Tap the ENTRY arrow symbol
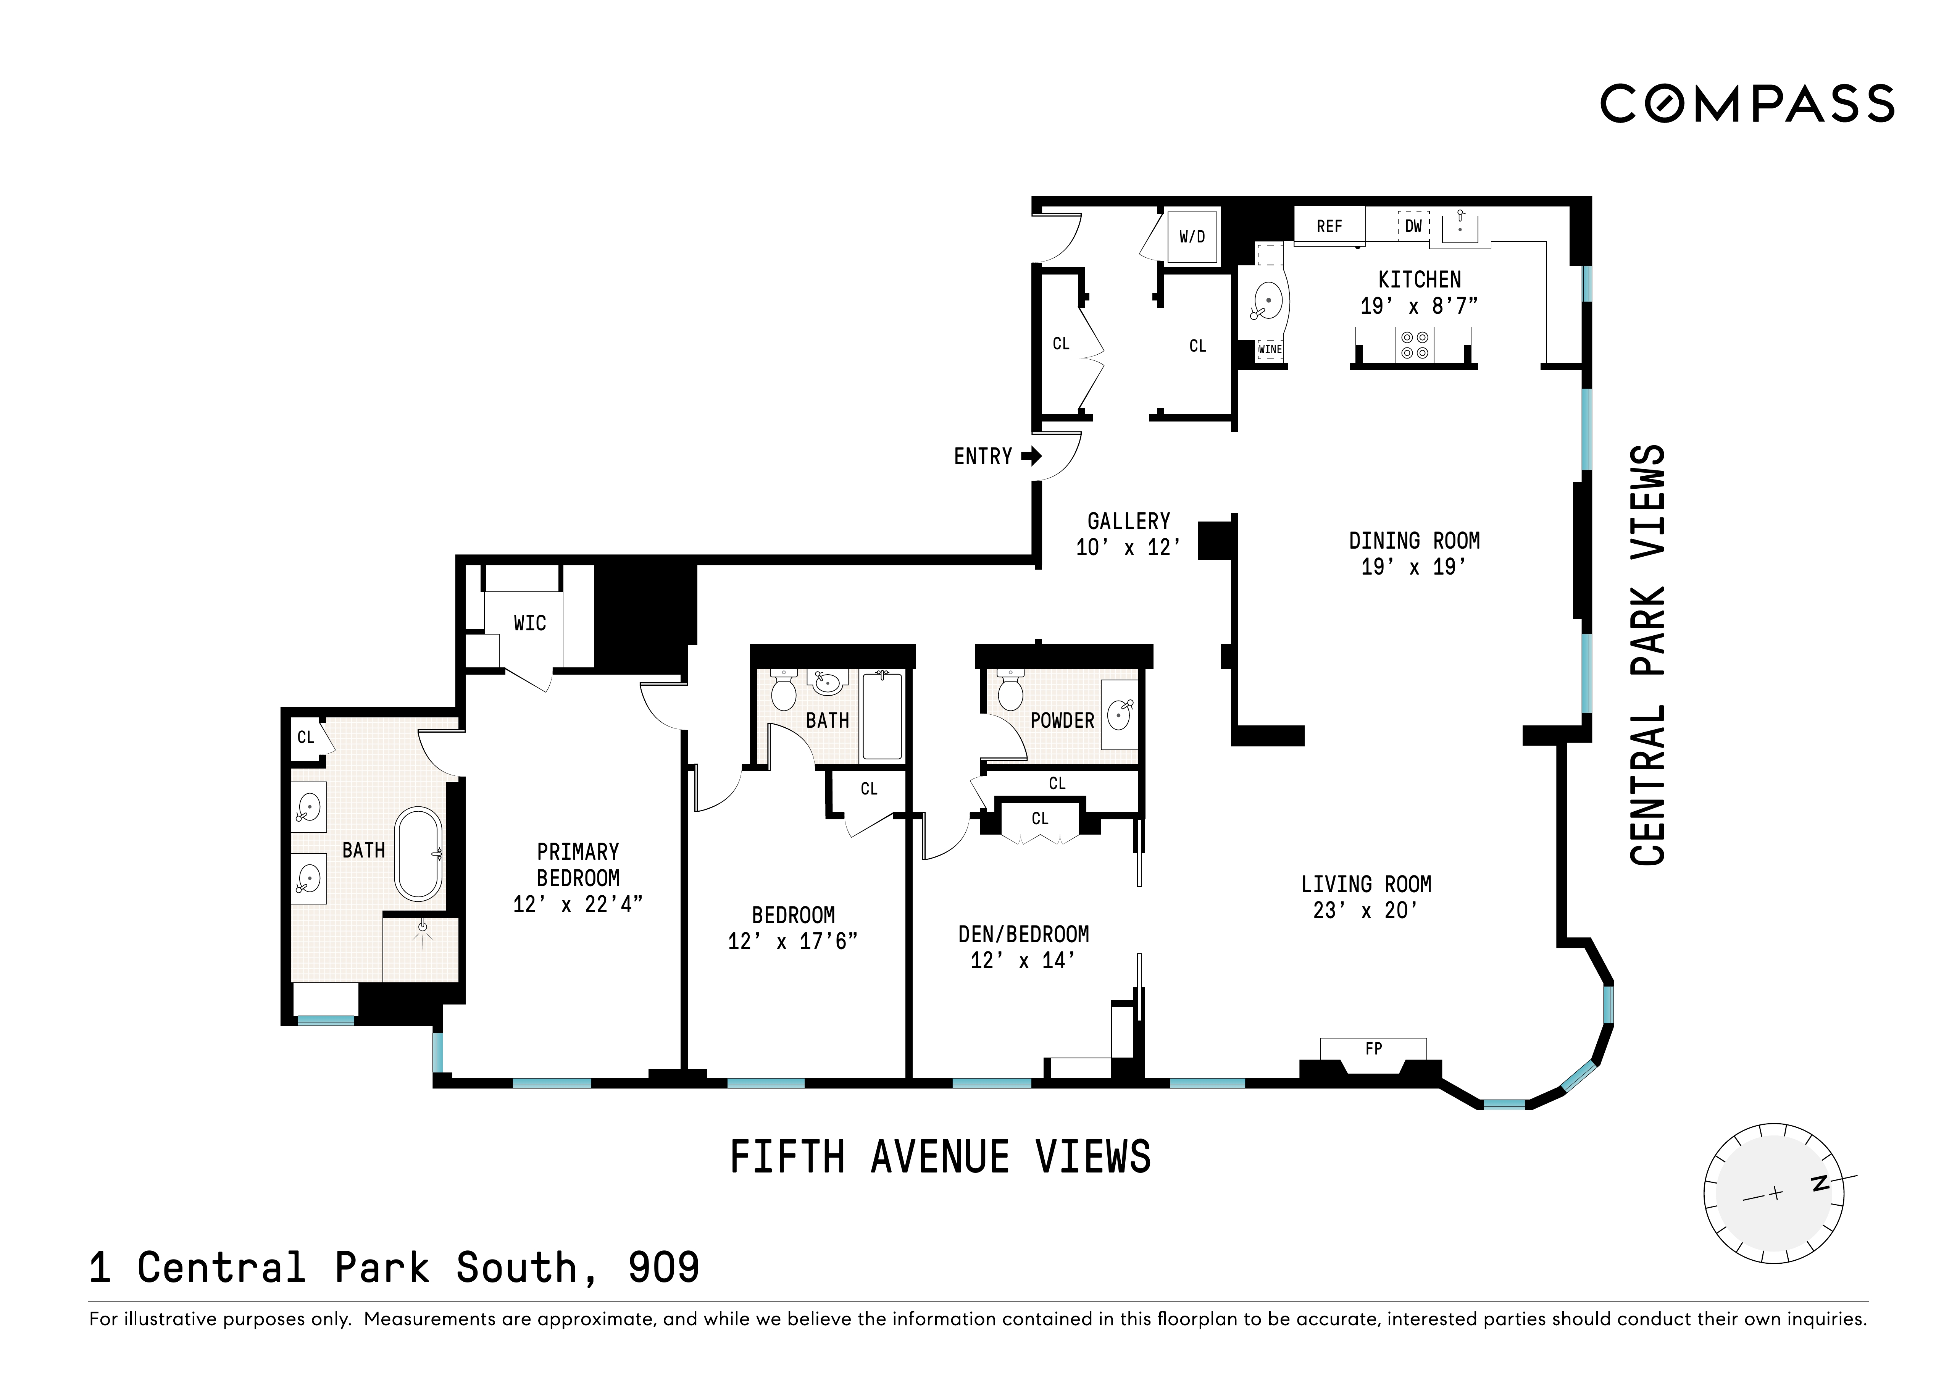[x=1031, y=456]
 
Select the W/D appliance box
[x=1192, y=236]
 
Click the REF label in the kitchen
[x=1329, y=226]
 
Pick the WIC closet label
[x=529, y=623]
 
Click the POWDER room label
[x=1062, y=720]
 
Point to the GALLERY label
[x=1129, y=521]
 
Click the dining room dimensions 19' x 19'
[x=1413, y=567]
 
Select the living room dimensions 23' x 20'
[x=1365, y=911]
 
